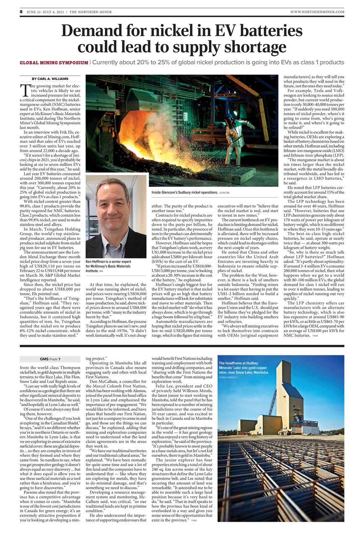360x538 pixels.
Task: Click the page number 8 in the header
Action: pos(21,12)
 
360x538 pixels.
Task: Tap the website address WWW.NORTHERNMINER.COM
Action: pos(317,12)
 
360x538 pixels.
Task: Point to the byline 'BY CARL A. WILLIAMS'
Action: pos(50,79)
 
